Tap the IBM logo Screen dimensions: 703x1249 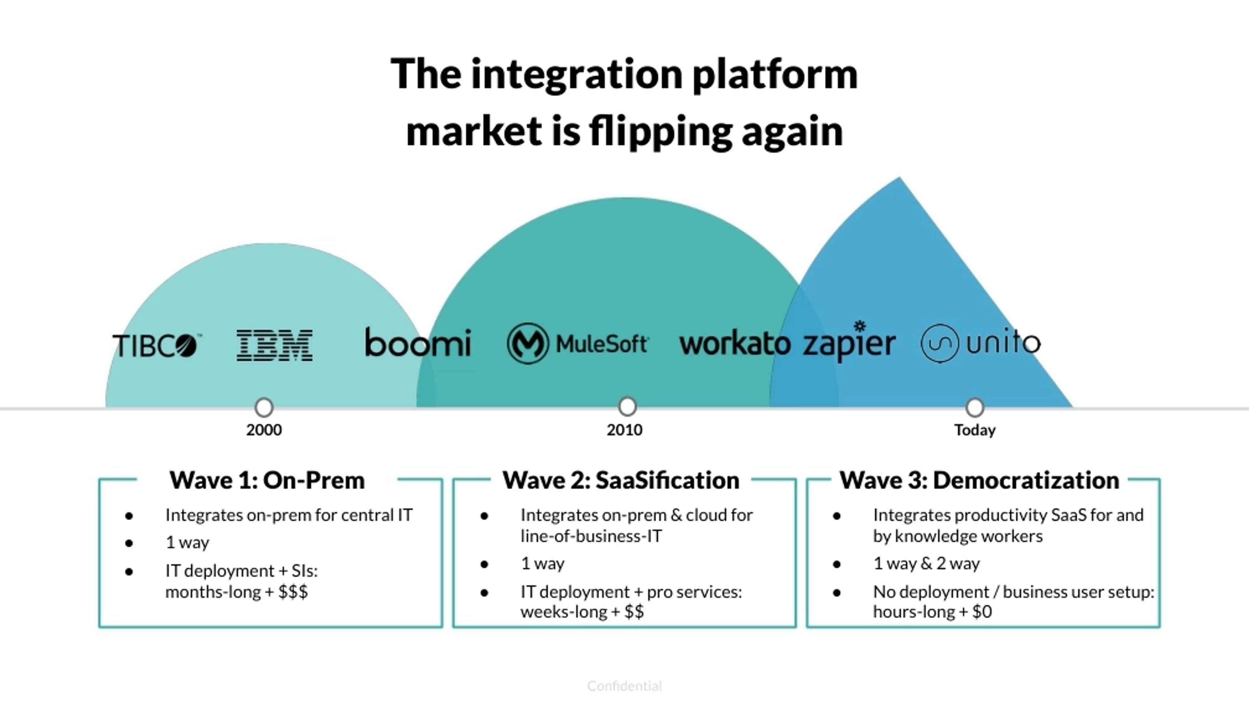275,345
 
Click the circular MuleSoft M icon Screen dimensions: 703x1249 528,343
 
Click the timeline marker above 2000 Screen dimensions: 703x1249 264,407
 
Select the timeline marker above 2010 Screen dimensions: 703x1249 627,407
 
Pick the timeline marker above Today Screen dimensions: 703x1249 974,407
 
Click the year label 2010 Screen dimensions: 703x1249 624,430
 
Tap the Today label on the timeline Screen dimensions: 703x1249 974,430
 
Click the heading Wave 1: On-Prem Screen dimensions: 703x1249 267,480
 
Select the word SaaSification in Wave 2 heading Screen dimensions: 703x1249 667,480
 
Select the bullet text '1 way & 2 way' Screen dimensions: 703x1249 926,564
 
